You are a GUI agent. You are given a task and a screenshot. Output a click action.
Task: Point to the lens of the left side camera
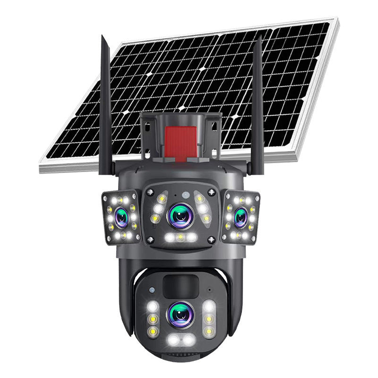[121, 217]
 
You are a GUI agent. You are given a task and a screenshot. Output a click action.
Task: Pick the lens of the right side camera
[241, 215]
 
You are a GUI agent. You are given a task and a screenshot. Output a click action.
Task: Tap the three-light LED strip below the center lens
[180, 238]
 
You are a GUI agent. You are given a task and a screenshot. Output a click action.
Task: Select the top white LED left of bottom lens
[152, 307]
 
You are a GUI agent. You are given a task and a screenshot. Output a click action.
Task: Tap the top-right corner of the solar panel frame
[337, 19]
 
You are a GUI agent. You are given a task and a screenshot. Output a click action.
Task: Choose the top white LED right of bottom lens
[208, 306]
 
